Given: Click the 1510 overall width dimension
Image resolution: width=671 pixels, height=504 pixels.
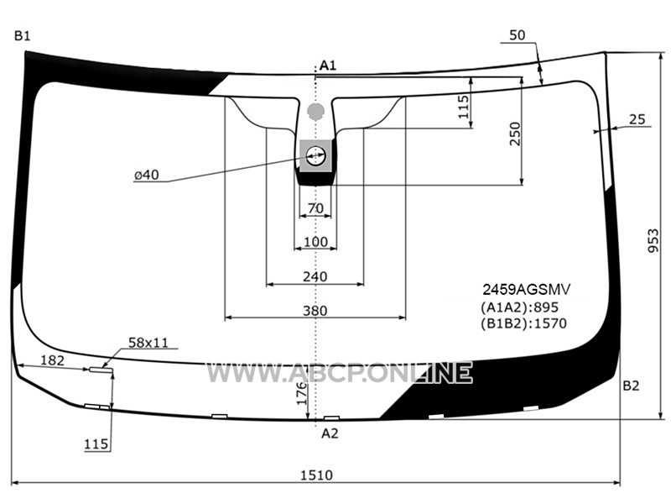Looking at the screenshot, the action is [316, 475].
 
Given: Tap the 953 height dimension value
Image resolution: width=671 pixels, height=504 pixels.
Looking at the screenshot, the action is [653, 240].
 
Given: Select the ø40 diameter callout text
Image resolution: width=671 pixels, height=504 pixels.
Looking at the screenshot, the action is [146, 175].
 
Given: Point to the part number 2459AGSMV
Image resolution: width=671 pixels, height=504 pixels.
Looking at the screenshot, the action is [527, 290].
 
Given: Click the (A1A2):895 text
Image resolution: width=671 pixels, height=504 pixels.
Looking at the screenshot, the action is [519, 307].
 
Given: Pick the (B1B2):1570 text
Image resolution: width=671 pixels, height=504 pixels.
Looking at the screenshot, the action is [523, 323].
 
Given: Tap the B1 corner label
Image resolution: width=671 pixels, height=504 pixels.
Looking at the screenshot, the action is [23, 35].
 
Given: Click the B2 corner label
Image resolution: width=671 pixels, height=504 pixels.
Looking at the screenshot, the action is [631, 386].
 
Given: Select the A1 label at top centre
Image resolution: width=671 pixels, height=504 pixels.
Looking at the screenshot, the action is [328, 66].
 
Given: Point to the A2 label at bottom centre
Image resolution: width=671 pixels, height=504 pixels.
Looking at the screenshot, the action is [330, 433].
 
